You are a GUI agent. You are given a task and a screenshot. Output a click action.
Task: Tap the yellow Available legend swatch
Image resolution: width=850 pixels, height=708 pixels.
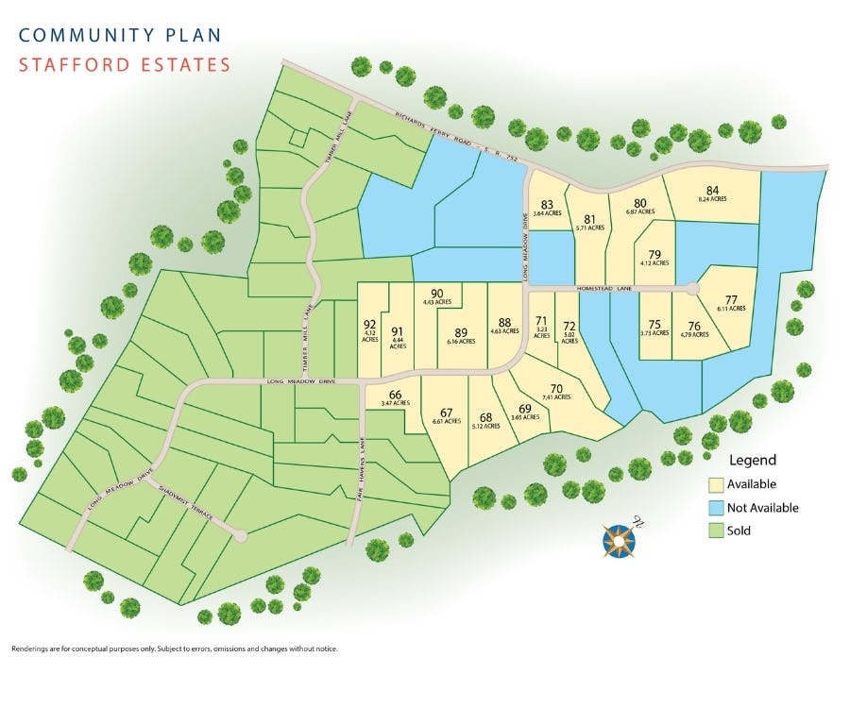pos(717,484)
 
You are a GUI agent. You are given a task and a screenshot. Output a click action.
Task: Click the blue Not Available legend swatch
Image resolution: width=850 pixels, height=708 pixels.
pos(717,508)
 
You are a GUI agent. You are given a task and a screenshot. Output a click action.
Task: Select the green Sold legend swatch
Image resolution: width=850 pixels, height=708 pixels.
pos(717,531)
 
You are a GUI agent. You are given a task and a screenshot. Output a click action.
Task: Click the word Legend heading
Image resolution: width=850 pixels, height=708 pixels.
pos(752,461)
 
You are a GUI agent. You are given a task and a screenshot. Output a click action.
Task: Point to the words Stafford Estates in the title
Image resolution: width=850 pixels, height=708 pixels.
pos(124,65)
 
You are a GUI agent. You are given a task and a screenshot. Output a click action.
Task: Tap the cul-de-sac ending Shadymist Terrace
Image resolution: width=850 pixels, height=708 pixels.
pos(241,535)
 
